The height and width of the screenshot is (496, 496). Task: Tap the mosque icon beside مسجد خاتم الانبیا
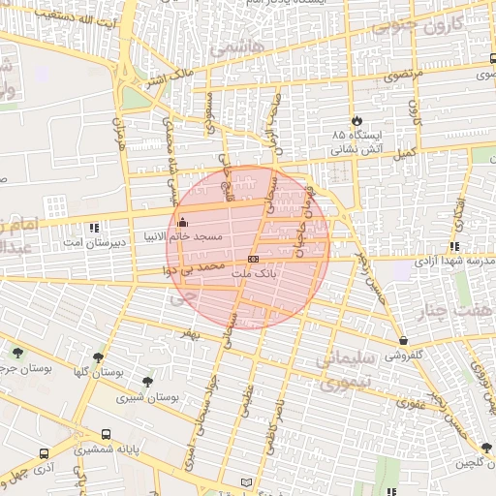pyautogui.click(x=183, y=223)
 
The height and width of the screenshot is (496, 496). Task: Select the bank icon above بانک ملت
pyautogui.click(x=253, y=260)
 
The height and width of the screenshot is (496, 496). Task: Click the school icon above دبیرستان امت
pyautogui.click(x=94, y=229)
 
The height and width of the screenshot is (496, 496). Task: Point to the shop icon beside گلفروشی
pyautogui.click(x=403, y=340)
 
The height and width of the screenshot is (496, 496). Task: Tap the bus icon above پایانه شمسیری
pyautogui.click(x=105, y=435)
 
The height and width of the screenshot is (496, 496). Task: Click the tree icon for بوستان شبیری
pyautogui.click(x=146, y=382)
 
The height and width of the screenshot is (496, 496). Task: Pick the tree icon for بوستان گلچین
pyautogui.click(x=485, y=448)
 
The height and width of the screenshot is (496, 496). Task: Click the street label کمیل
pyautogui.click(x=402, y=152)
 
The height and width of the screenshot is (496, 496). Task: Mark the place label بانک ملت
pyautogui.click(x=254, y=275)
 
